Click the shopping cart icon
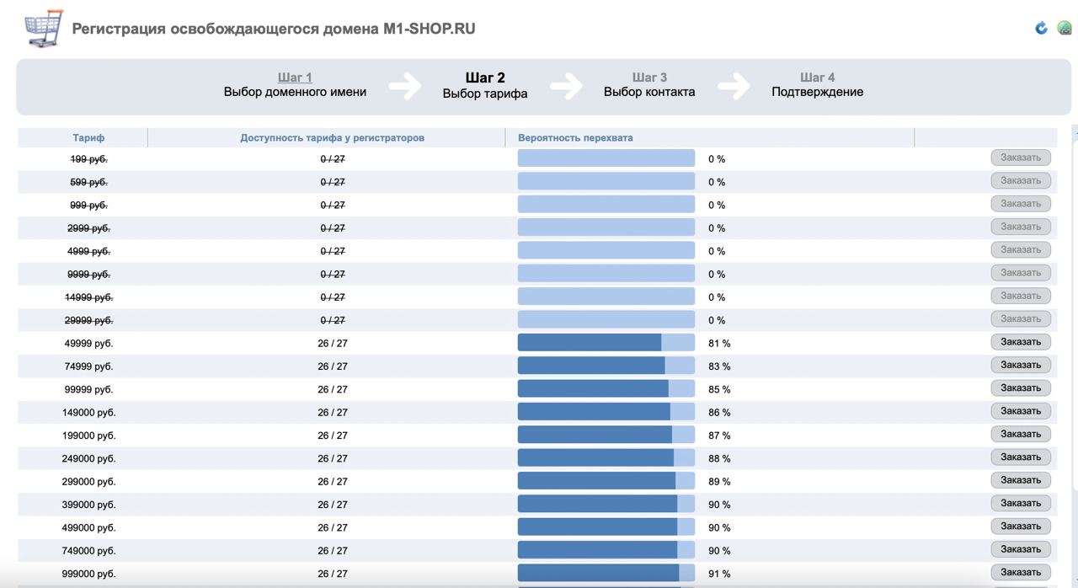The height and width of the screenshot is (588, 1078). pyautogui.click(x=43, y=29)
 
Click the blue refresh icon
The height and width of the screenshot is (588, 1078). pyautogui.click(x=1041, y=29)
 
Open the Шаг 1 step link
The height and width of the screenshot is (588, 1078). pyautogui.click(x=295, y=78)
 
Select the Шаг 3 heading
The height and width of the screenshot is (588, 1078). pyautogui.click(x=649, y=78)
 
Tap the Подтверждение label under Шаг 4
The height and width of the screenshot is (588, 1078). pyautogui.click(x=817, y=93)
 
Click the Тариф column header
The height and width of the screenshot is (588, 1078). pyautogui.click(x=88, y=137)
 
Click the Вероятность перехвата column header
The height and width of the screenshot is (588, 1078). pyautogui.click(x=575, y=137)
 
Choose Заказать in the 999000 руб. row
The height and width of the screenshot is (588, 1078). pyautogui.click(x=1021, y=572)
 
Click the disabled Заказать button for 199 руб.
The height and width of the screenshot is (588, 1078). pyautogui.click(x=1021, y=158)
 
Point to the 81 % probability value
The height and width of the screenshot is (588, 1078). pyautogui.click(x=718, y=344)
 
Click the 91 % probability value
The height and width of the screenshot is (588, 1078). pyautogui.click(x=718, y=574)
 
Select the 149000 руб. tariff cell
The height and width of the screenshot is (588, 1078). pyautogui.click(x=88, y=413)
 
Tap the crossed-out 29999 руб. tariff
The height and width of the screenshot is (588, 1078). pyautogui.click(x=88, y=320)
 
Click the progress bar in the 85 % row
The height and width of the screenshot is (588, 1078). pyautogui.click(x=606, y=389)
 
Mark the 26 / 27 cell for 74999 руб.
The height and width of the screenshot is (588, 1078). pyautogui.click(x=333, y=366)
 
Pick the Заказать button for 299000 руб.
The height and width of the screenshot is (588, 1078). pyautogui.click(x=1021, y=480)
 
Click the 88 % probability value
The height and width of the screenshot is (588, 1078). pyautogui.click(x=718, y=459)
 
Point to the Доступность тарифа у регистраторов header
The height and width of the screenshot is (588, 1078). pyautogui.click(x=332, y=137)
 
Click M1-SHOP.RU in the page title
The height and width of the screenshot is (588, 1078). pyautogui.click(x=430, y=29)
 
